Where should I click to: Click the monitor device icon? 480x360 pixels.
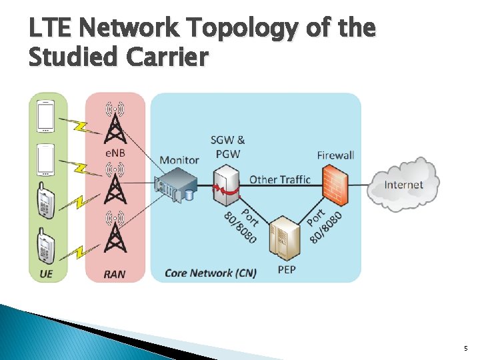(174, 185)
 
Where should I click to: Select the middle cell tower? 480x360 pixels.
(115, 186)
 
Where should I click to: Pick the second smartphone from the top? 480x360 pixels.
(46, 161)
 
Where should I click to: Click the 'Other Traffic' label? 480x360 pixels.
(280, 179)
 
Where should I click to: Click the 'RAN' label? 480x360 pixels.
(114, 274)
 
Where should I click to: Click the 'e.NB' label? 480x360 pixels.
(115, 153)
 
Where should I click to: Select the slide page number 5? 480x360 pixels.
(465, 349)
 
